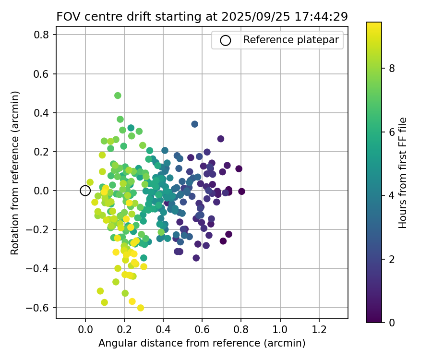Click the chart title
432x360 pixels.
tap(202, 16)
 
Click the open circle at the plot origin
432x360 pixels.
tap(85, 191)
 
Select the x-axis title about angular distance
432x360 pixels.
tap(202, 343)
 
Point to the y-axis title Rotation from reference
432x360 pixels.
tap(15, 173)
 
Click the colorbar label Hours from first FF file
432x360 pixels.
tap(403, 173)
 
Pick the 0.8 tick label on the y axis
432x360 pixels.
tap(42, 35)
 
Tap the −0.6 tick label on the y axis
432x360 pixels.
tap(39, 307)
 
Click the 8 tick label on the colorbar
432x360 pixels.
tap(392, 68)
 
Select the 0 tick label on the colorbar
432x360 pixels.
tap(392, 322)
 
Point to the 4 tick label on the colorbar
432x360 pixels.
tap(392, 195)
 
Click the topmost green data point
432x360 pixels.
tap(118, 95)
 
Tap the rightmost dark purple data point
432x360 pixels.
tap(241, 191)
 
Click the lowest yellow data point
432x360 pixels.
tap(141, 308)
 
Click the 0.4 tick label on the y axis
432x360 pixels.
tap(42, 113)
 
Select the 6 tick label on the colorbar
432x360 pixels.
tap(392, 132)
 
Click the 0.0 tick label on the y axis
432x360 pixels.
tap(42, 191)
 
